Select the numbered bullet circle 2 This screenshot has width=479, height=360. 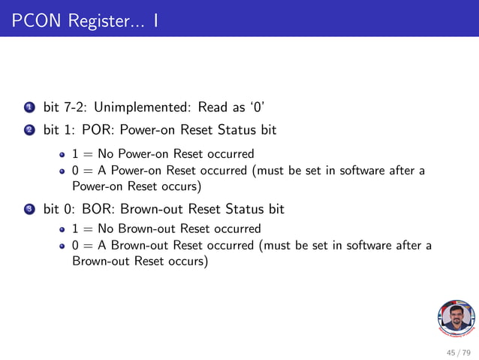tap(29, 131)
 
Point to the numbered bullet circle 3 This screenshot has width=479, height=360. tap(29, 208)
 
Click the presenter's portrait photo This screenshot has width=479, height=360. tap(455, 319)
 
